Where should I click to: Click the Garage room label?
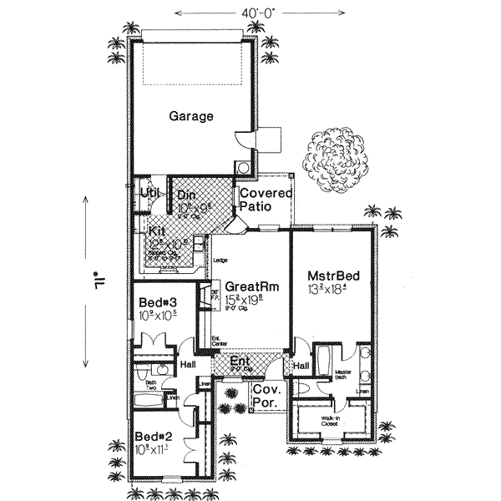tap(191, 116)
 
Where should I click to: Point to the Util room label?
tap(149, 193)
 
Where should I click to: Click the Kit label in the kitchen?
tap(157, 230)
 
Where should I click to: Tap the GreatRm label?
tap(251, 286)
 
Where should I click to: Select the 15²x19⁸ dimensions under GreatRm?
tap(251, 298)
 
